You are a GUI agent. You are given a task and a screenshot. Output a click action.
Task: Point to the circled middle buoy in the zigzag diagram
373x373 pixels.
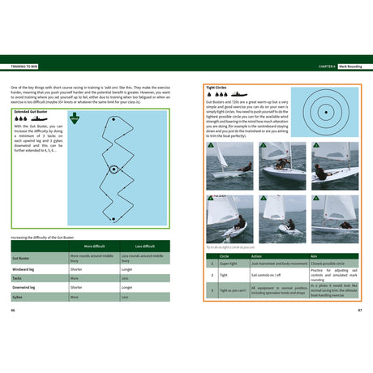point(113,172)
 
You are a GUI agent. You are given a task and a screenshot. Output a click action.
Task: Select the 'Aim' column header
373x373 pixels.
point(315,255)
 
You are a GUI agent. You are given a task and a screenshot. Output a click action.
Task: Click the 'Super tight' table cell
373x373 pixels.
point(228,264)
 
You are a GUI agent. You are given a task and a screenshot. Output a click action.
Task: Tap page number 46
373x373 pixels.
point(13,310)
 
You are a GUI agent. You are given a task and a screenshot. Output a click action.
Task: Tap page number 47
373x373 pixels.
point(359,310)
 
